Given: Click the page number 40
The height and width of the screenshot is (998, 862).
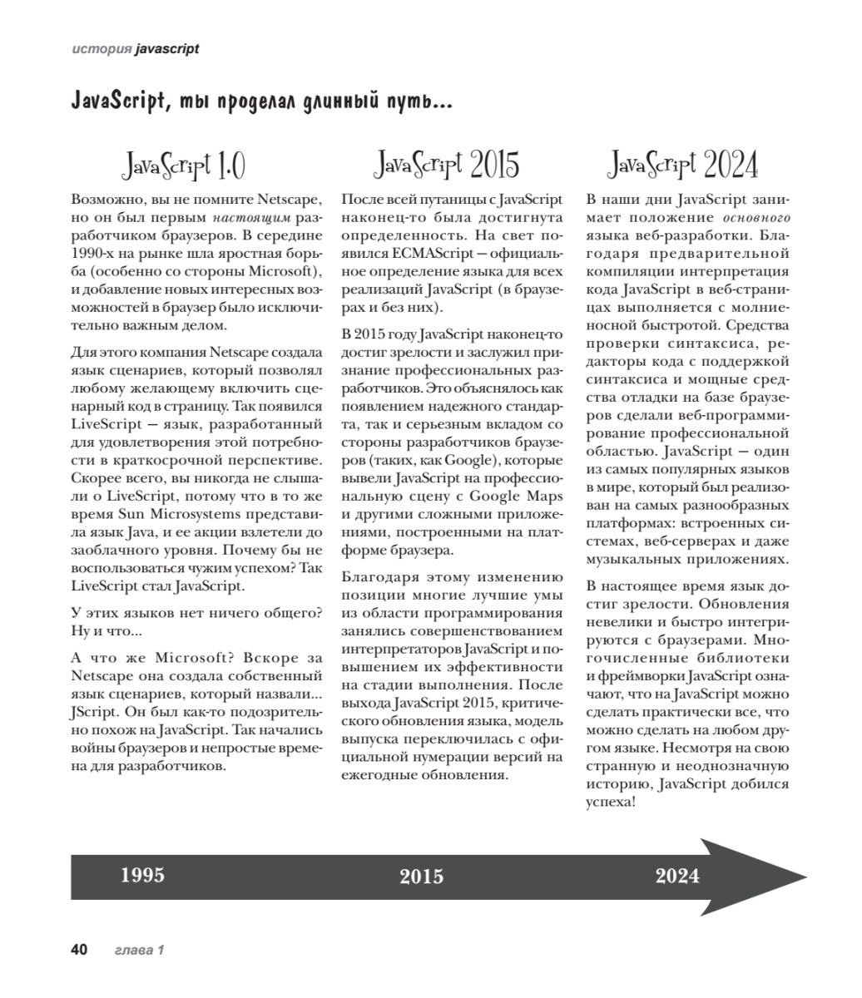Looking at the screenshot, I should (79, 950).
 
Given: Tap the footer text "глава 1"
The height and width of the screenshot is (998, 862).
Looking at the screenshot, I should (138, 950).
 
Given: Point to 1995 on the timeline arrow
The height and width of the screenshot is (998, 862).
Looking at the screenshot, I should (142, 875).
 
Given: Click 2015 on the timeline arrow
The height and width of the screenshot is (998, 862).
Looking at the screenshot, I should (421, 877).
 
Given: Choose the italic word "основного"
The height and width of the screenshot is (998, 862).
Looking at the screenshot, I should (755, 218).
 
